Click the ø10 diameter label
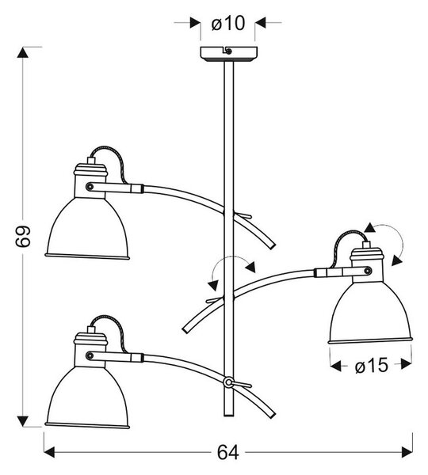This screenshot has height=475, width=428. pos(227,23)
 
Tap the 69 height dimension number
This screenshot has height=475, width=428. pos(23,236)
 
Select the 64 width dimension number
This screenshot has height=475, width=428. pos(227,453)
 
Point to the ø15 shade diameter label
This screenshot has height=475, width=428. pos(371,365)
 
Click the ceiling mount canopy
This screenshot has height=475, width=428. pos(229,54)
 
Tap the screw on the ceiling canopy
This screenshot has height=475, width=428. pos(229,51)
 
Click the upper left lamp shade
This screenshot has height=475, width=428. pos(87,228)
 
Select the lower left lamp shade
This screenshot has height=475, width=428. pos(87,397)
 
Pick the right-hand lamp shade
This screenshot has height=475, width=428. pos(370,313)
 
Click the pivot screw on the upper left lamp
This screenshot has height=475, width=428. pos(90,187)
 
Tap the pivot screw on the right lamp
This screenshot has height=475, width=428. pos(368,271)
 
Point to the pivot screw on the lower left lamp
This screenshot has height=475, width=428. pos(90,355)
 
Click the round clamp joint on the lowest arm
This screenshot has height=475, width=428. pos(228,382)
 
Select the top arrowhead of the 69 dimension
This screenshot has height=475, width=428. pos(23,52)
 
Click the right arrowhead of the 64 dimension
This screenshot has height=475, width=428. pos(407,452)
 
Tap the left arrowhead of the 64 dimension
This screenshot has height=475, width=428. pos(49,452)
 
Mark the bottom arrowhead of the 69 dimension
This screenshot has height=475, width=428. pos(23,421)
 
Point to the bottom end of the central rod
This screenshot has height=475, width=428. pos(229,416)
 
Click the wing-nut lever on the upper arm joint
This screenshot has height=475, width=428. pos(243,215)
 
